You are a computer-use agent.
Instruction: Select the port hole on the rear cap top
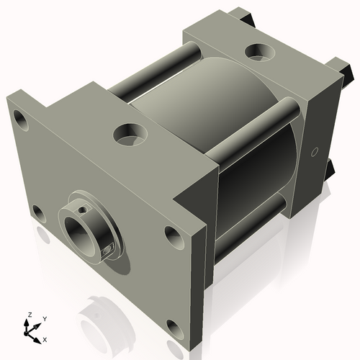(x=258, y=52)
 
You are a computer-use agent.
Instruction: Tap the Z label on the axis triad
(x=29, y=315)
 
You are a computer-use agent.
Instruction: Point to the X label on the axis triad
(x=45, y=338)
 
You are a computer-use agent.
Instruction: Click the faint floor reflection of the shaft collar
(x=101, y=317)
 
